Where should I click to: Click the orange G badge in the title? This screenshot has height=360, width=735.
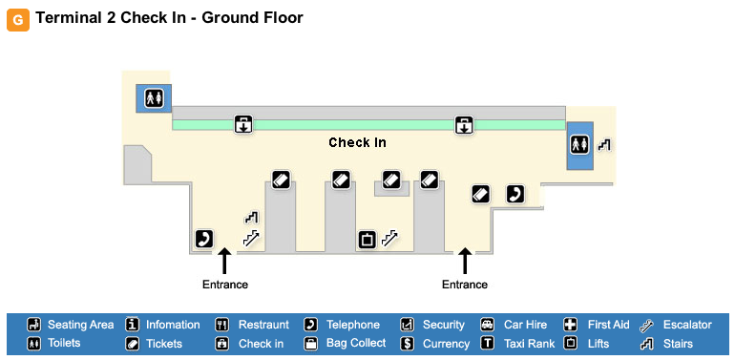pyautogui.click(x=18, y=20)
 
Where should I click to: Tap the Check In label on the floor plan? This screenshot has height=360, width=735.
pyautogui.click(x=357, y=142)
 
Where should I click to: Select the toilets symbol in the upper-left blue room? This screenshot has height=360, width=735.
pyautogui.click(x=154, y=98)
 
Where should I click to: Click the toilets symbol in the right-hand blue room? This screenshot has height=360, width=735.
pyautogui.click(x=579, y=144)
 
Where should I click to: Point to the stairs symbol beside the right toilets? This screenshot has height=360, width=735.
pyautogui.click(x=604, y=145)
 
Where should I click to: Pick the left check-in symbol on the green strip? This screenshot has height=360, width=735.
pyautogui.click(x=243, y=125)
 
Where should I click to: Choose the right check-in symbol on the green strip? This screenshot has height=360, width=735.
pyautogui.click(x=464, y=125)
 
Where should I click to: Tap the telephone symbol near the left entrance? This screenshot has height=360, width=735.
pyautogui.click(x=204, y=239)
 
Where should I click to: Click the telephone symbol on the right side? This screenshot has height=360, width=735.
pyautogui.click(x=515, y=194)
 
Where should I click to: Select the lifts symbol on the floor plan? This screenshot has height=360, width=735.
pyautogui.click(x=367, y=240)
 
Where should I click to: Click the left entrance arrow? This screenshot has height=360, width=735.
pyautogui.click(x=224, y=261)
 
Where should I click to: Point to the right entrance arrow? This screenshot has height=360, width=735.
pyautogui.click(x=465, y=261)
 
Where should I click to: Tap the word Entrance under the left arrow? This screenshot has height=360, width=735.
pyautogui.click(x=225, y=285)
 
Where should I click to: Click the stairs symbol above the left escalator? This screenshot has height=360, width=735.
pyautogui.click(x=252, y=218)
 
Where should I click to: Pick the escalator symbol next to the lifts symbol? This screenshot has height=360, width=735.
pyautogui.click(x=389, y=239)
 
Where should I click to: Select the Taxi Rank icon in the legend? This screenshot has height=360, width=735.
pyautogui.click(x=488, y=343)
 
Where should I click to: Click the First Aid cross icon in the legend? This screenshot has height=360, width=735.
pyautogui.click(x=570, y=325)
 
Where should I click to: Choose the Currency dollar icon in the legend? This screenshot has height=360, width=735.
pyautogui.click(x=408, y=343)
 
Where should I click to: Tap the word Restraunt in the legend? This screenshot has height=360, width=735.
pyautogui.click(x=263, y=325)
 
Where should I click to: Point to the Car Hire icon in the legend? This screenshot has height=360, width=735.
pyautogui.click(x=488, y=325)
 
